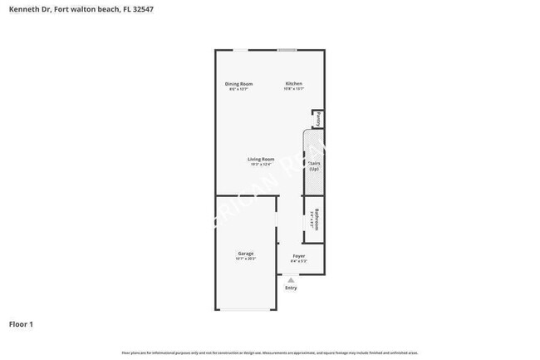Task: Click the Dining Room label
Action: tap(238, 84)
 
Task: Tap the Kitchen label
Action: tap(294, 84)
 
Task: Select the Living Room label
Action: tap(261, 159)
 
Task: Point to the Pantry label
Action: tap(318, 119)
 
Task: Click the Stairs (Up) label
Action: tap(314, 166)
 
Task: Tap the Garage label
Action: tap(246, 254)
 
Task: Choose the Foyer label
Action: tap(298, 256)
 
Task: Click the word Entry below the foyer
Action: tap(291, 288)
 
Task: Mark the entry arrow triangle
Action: tap(291, 280)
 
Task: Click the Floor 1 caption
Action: tap(21, 323)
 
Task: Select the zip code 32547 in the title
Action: tap(142, 9)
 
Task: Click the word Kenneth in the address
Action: tap(24, 9)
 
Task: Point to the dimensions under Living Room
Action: tap(261, 164)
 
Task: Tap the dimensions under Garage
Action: tap(246, 259)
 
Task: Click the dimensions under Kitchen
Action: tap(294, 89)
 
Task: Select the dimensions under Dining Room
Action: tap(238, 89)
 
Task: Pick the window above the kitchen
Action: tap(287, 50)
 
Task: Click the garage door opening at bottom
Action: tap(246, 309)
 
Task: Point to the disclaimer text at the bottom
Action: tap(270, 353)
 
